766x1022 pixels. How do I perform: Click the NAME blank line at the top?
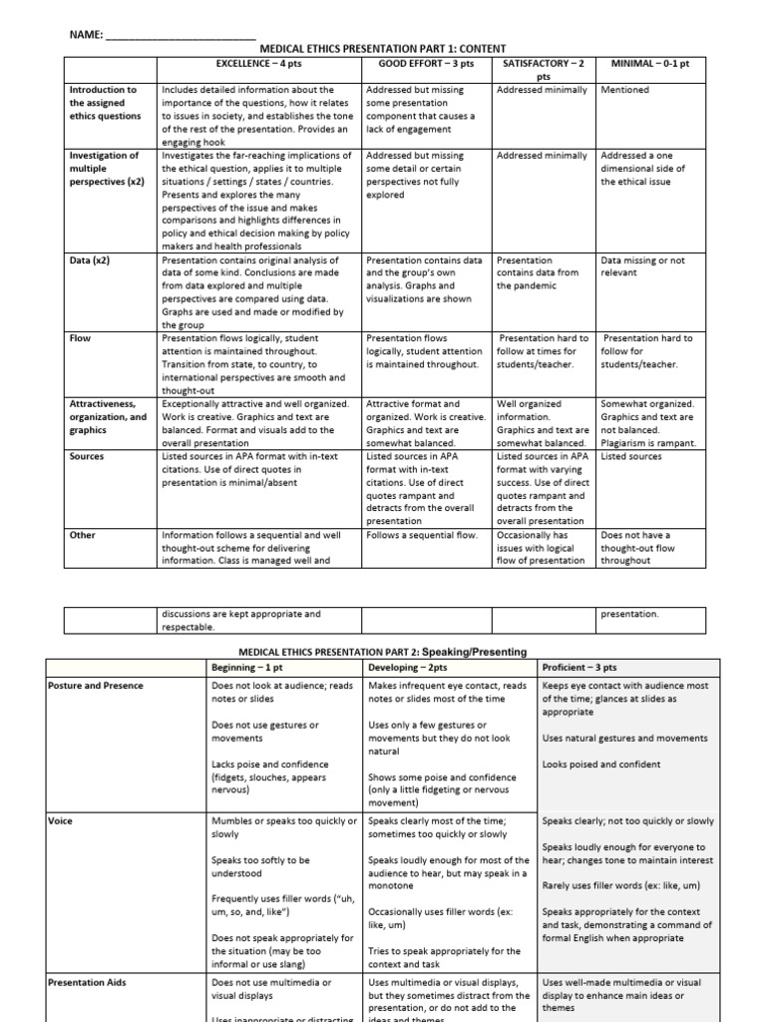[180, 35]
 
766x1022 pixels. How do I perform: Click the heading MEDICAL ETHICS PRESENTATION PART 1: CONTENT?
[383, 48]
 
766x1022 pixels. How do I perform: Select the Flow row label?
[80, 338]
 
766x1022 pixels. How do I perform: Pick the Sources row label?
[88, 456]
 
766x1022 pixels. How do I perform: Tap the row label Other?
[83, 535]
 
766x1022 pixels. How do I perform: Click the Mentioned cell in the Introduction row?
[625, 90]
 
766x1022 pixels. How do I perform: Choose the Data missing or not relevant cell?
[643, 266]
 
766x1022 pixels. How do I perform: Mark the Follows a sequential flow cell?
[423, 535]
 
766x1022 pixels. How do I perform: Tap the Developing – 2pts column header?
[406, 667]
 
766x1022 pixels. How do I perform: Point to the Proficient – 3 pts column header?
[579, 667]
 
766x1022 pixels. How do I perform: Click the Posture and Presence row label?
[95, 686]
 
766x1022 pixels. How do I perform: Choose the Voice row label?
[60, 821]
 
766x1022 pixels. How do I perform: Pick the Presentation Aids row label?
[90, 983]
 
